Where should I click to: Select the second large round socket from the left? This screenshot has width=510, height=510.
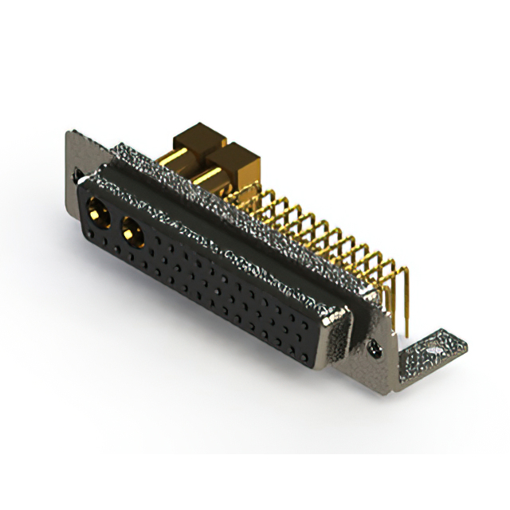(x=131, y=233)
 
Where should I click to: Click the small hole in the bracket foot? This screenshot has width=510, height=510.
(x=433, y=348)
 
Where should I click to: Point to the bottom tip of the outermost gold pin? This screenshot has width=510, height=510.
(x=406, y=335)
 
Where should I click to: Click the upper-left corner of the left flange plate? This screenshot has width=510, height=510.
(x=67, y=133)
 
